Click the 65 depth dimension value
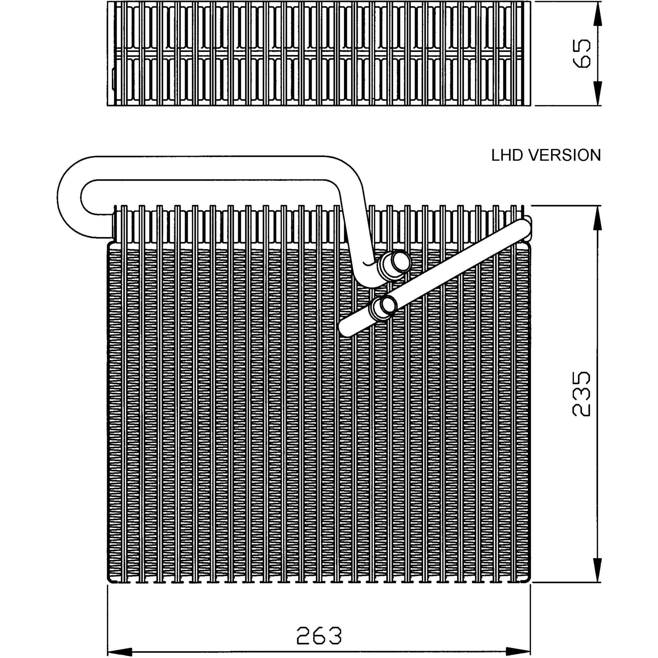[x=581, y=53]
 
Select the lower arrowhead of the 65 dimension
[x=599, y=94]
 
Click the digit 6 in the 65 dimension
[x=581, y=61]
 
